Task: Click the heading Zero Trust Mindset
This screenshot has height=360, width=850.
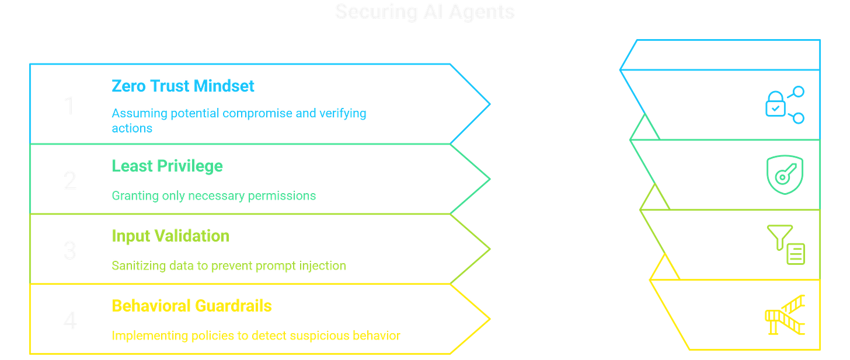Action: [x=183, y=86]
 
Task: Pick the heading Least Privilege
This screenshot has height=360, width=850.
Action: [x=167, y=166]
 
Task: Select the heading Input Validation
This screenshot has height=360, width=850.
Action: [x=170, y=236]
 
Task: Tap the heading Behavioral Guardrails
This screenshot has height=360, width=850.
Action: [x=191, y=306]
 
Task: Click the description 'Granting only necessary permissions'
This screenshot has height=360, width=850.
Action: [x=214, y=196]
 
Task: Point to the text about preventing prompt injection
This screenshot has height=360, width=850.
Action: [x=228, y=266]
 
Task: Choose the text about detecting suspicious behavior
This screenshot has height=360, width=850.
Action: [x=256, y=336]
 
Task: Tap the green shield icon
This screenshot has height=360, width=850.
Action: [x=785, y=174]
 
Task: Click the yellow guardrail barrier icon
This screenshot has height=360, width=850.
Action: [x=785, y=315]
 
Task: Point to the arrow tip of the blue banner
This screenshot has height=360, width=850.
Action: [x=490, y=104]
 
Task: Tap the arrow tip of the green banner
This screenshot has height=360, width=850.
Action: [x=490, y=179]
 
